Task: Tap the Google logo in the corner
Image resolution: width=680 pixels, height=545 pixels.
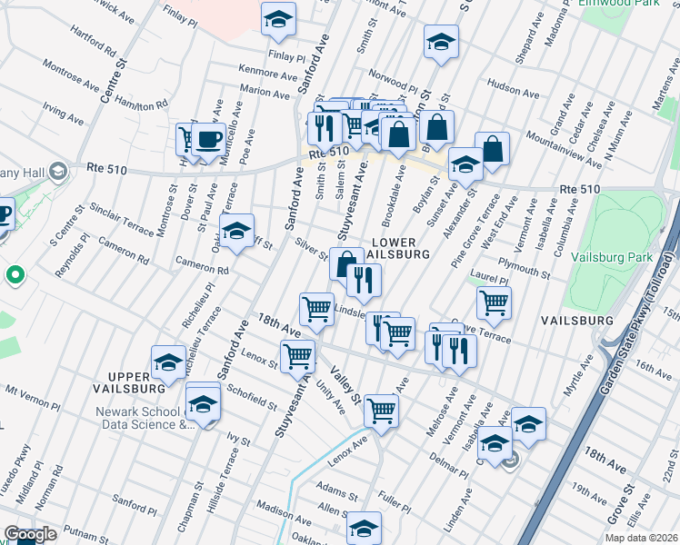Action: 30,535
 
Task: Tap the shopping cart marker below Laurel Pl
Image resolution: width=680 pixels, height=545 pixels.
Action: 494,302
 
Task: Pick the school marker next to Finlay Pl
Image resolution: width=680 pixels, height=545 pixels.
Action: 279,18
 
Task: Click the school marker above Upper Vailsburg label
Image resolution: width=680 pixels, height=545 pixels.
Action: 168,362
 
